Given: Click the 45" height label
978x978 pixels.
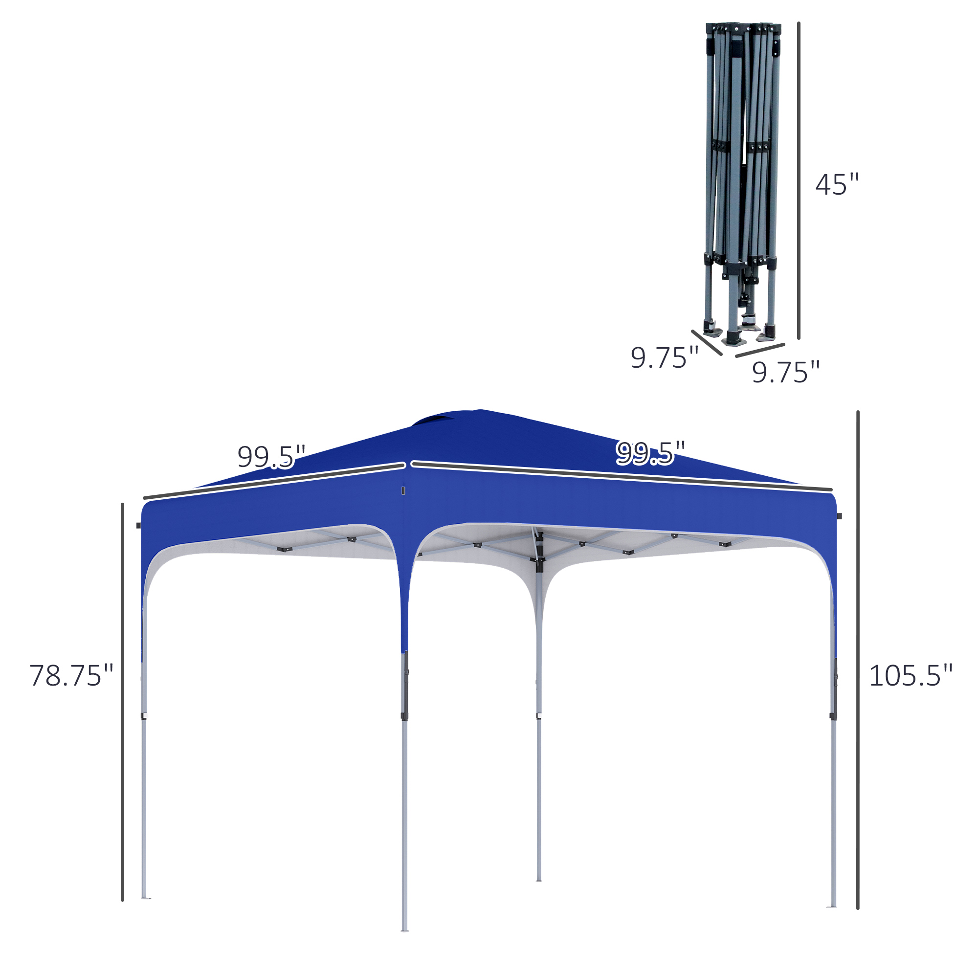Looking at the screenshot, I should (x=837, y=185).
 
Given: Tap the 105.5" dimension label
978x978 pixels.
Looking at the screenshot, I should (x=910, y=676).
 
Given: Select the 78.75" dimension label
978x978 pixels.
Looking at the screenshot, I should (x=71, y=676).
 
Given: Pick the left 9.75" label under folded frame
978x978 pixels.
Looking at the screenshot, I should (x=664, y=358).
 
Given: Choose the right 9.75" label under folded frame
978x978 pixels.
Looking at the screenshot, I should (x=785, y=372).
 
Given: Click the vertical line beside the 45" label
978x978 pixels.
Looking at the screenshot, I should (x=799, y=180).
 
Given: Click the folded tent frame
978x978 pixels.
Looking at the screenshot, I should (x=742, y=182).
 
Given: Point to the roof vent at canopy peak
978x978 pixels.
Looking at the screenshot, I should (x=434, y=420).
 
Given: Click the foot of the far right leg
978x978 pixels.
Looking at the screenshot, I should (x=831, y=906).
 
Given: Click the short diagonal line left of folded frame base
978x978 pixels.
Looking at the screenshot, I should (x=707, y=343).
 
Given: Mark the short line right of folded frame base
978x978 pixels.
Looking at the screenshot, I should (x=760, y=350).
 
